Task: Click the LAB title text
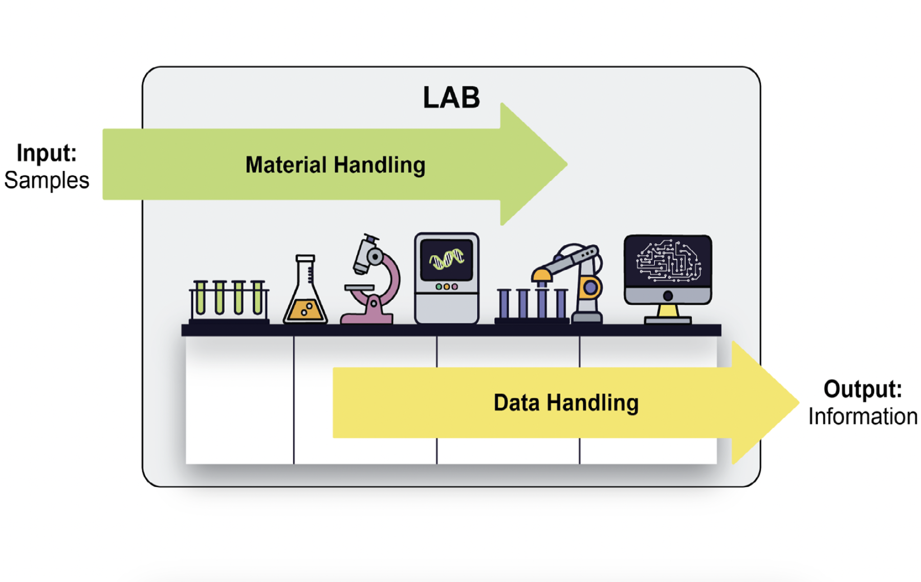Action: pos(451,97)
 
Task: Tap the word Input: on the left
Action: pos(47,153)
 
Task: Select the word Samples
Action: pos(47,180)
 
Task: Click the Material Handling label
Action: pos(335,165)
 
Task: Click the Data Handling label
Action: pos(566,403)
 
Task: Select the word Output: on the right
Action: pos(863,389)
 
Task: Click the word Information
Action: pos(863,416)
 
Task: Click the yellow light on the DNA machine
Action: pos(447,287)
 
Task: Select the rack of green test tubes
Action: pos(229,302)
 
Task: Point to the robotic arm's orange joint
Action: pos(590,287)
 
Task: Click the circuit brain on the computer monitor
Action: pos(668,261)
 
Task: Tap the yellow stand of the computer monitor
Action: pos(668,310)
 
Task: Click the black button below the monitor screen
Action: pos(668,296)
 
